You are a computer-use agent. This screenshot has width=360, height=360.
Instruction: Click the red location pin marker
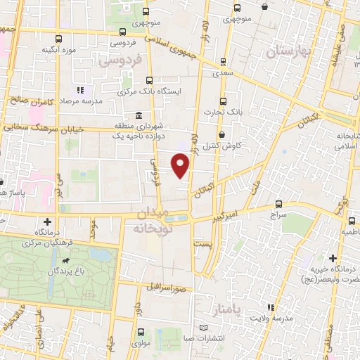pyautogui.click(x=181, y=166)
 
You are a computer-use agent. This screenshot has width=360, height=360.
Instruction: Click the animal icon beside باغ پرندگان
pyautogui.click(x=65, y=262)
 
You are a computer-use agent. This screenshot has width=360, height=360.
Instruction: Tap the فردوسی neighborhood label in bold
pyautogui.click(x=120, y=62)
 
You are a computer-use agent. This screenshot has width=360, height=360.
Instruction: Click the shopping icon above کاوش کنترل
pyautogui.click(x=222, y=134)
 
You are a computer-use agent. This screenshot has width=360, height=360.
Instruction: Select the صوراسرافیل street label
pyautogui.click(x=166, y=288)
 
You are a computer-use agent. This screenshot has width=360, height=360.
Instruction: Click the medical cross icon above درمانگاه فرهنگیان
pyautogui.click(x=47, y=222)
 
